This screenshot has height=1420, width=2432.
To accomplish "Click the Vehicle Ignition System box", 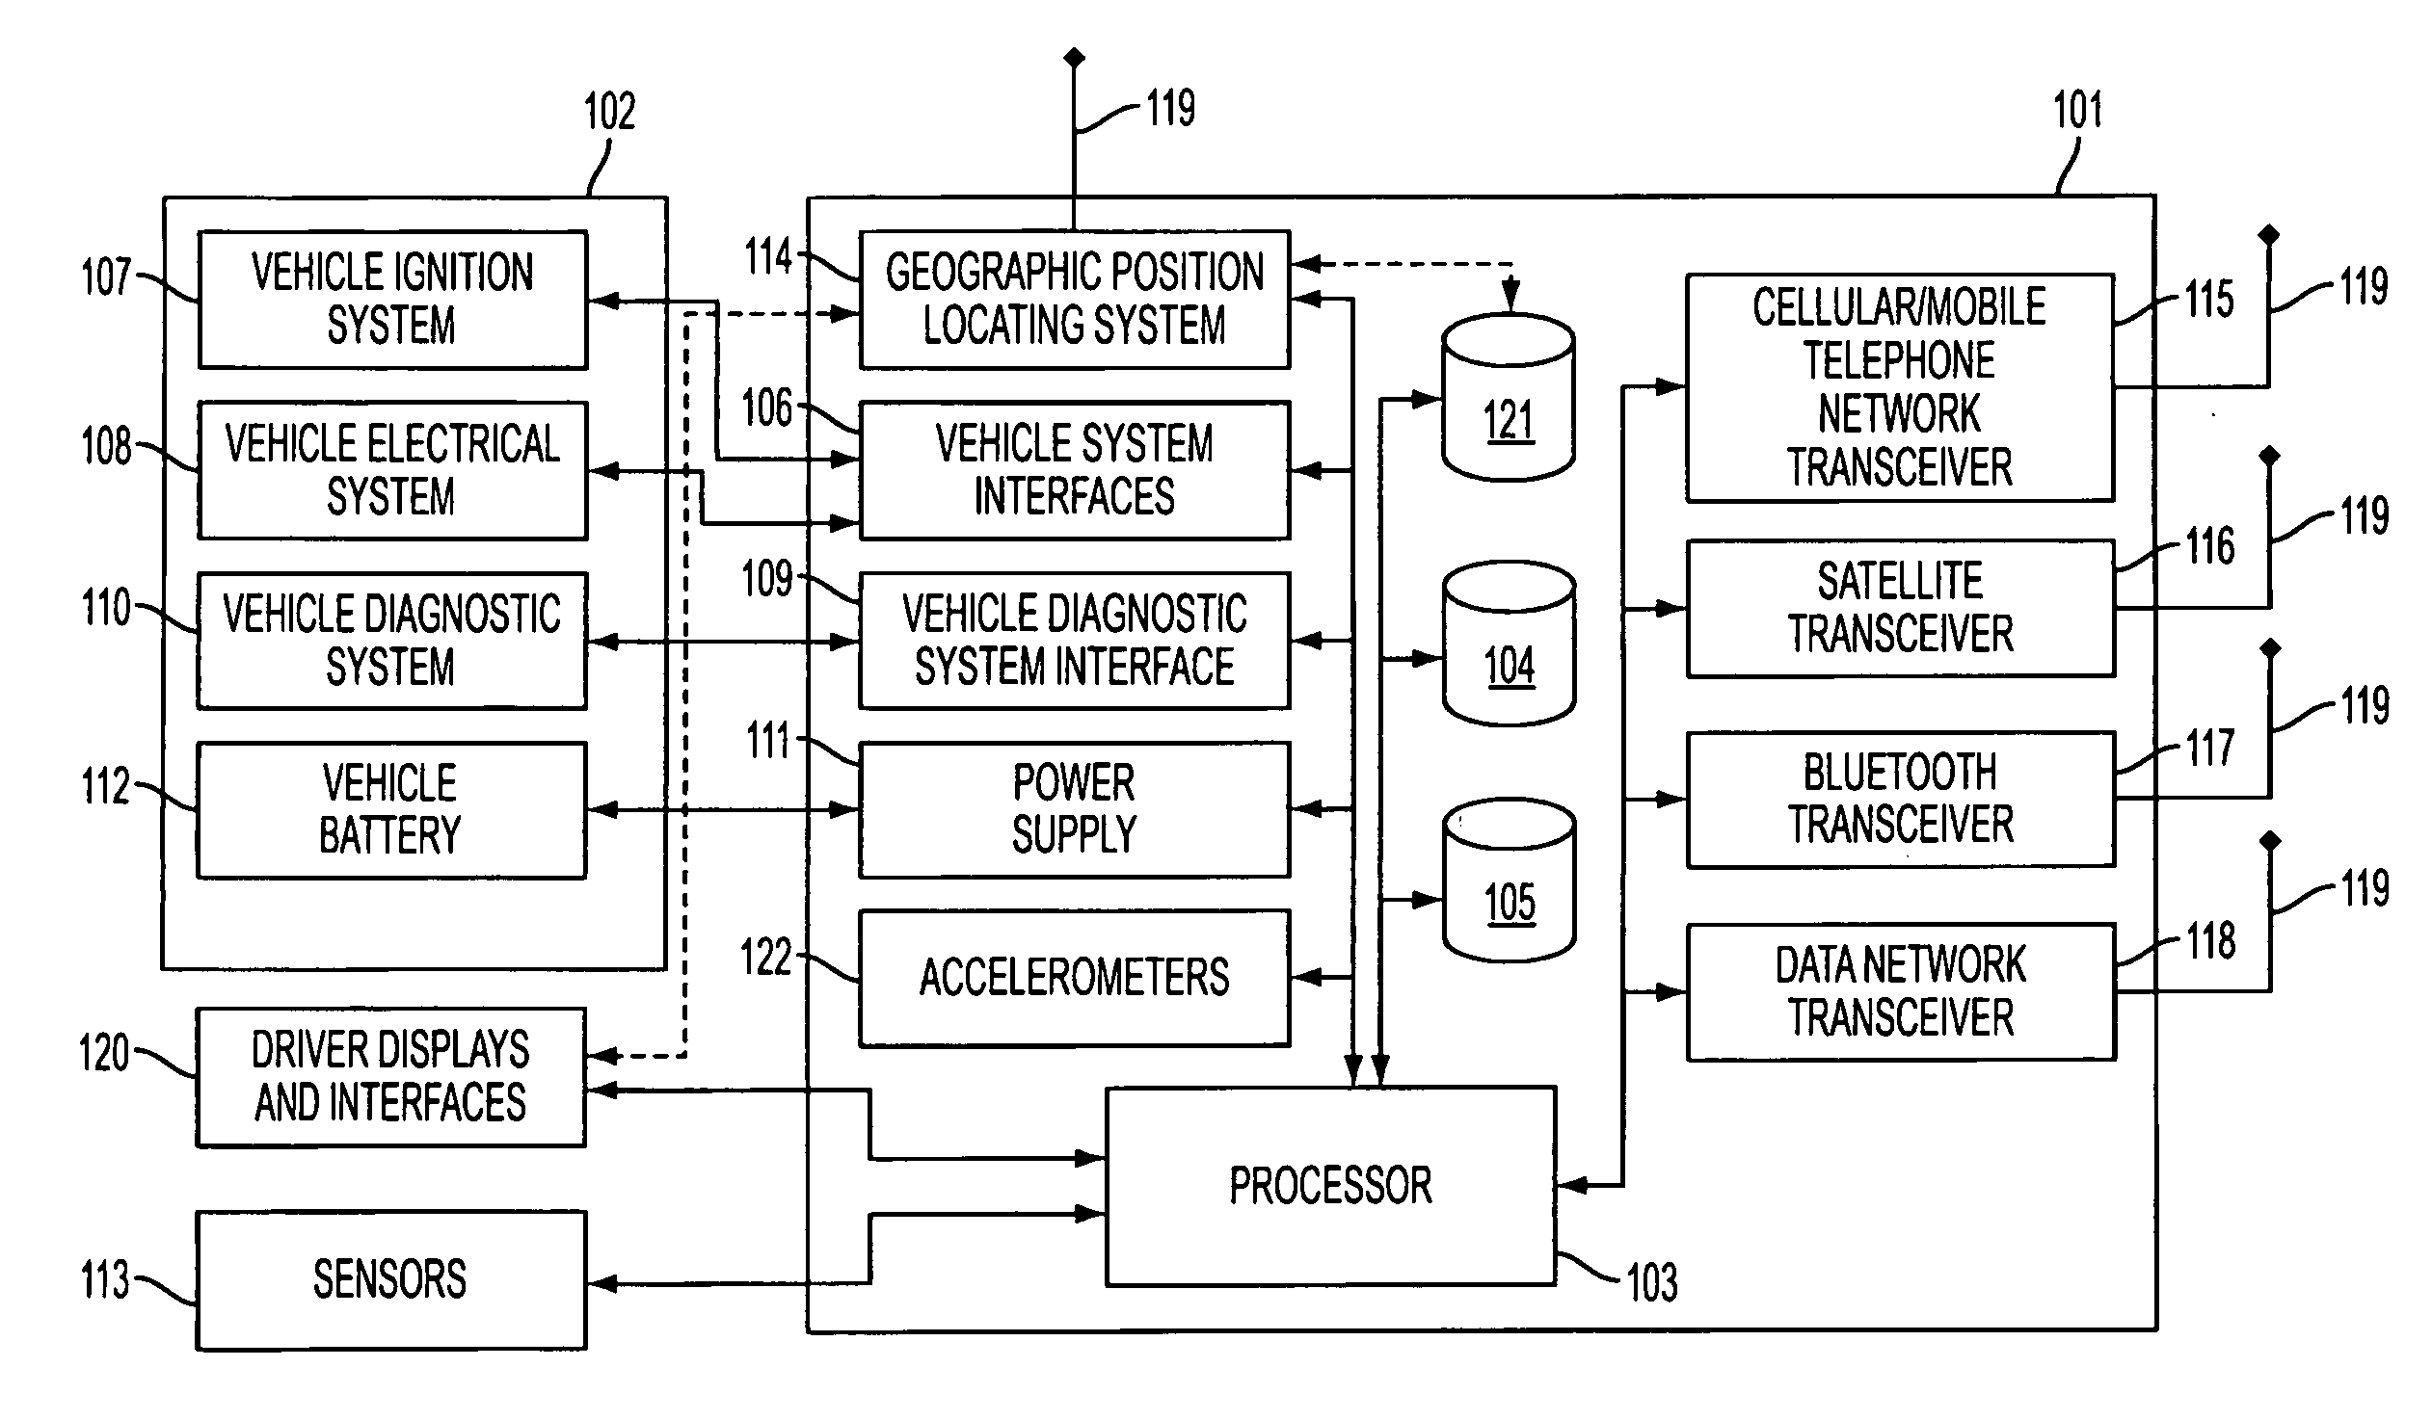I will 391,299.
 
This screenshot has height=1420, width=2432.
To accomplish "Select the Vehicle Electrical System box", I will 391,470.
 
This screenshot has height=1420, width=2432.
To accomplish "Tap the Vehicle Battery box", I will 390,809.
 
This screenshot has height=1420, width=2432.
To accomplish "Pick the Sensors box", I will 390,1280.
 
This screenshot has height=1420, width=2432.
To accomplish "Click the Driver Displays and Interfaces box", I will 390,1078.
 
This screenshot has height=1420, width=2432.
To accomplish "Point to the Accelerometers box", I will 1074,978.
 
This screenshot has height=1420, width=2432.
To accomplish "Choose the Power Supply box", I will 1074,809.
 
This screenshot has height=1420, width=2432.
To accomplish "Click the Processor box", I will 1330,1187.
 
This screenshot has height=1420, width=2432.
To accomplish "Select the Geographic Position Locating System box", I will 1074,299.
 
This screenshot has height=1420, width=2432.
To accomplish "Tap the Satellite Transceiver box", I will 1900,609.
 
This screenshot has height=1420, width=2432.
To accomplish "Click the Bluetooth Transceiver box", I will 1900,800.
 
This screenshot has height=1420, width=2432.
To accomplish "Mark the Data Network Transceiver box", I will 1900,992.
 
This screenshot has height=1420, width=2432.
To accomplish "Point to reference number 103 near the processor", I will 1652,1284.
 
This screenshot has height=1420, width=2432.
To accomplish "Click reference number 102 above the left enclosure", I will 610,112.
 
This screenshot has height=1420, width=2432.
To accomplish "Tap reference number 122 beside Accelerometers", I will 765,959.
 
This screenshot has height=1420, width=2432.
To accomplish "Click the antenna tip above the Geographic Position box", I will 1074,58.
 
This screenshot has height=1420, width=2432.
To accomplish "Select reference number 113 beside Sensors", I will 105,1281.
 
